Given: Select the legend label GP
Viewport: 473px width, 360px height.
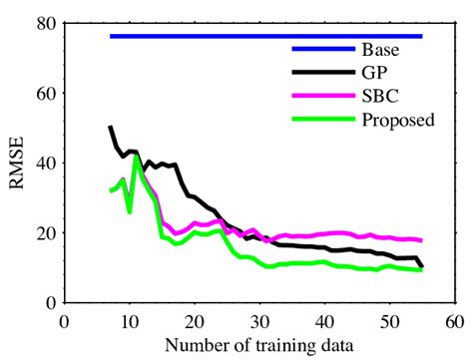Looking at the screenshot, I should click(374, 73).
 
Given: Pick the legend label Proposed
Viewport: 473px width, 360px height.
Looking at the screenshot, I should click(398, 121).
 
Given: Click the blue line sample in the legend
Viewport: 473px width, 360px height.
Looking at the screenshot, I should click(322, 49).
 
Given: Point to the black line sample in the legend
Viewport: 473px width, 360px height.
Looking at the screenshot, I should click(322, 73).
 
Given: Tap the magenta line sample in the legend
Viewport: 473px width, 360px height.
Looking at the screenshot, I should click(322, 97).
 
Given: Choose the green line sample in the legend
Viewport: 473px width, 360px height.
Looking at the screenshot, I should click(322, 121).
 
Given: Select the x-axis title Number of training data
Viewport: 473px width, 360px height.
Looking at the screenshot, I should click(258, 346).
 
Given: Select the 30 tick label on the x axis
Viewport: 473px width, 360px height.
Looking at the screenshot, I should click(258, 321).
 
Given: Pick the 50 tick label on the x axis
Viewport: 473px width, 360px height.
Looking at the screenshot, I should click(389, 321).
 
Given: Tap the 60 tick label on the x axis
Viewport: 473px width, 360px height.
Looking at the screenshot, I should click(454, 321).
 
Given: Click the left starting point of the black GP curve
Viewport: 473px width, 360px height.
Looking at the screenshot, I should click(110, 128).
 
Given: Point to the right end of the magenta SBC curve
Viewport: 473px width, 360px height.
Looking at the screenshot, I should click(421, 240).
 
